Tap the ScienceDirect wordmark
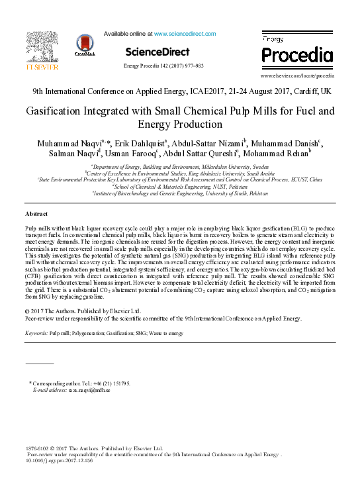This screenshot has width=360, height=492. point(157,52)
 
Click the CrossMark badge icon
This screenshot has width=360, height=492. point(84,44)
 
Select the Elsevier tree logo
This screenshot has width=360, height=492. point(42,46)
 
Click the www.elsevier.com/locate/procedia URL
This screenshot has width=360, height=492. point(297,76)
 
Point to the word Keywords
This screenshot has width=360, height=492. point(36,332)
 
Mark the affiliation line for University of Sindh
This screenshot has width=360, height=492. point(180,193)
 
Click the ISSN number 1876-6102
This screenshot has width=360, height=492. point(36,448)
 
